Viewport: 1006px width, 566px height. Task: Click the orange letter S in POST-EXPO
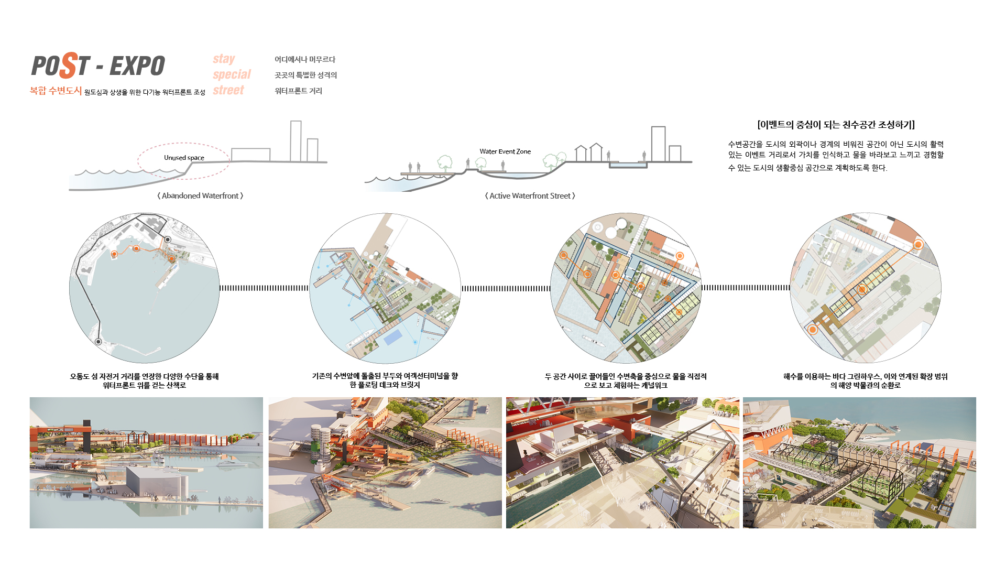tap(69, 65)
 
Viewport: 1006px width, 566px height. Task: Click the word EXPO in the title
tap(137, 66)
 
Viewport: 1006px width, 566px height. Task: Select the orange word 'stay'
tap(224, 59)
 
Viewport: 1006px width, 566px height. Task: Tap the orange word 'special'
tap(232, 74)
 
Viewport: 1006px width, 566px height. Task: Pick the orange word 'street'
tap(228, 90)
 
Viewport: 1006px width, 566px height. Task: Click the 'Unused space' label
tap(184, 158)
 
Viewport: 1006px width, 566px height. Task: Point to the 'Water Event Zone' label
tap(505, 151)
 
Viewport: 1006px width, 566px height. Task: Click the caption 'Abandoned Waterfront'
tap(200, 195)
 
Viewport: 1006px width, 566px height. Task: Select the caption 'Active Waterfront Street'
tap(530, 195)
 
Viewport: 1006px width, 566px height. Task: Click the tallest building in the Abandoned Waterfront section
tap(296, 141)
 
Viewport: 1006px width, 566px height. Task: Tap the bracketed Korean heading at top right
tap(836, 125)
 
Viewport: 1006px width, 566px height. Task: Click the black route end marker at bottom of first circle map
tap(98, 342)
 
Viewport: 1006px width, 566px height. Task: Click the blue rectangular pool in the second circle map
tap(393, 337)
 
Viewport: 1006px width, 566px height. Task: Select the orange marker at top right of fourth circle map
tap(918, 245)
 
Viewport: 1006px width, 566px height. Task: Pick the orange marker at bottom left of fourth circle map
tap(812, 330)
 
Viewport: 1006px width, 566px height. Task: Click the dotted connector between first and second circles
tap(264, 288)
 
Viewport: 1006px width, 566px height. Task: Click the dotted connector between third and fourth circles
tap(746, 288)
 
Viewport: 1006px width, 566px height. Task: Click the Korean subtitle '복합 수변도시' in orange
tap(56, 91)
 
